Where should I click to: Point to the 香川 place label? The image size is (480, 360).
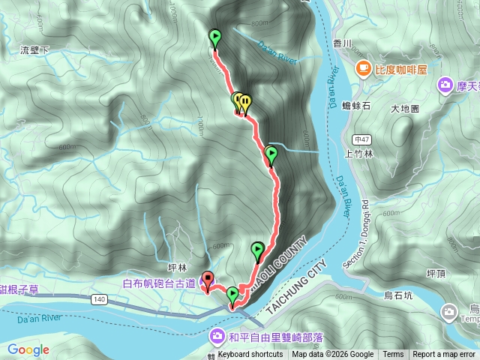(x=342, y=44)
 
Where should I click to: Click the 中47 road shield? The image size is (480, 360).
(x=362, y=139)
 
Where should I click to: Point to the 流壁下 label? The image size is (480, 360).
(x=35, y=50)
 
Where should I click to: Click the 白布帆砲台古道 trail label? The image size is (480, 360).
(x=159, y=283)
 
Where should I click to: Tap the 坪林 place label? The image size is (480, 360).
(x=176, y=265)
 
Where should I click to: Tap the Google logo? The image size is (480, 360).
(x=28, y=349)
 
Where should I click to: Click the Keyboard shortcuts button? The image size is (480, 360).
(x=250, y=355)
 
